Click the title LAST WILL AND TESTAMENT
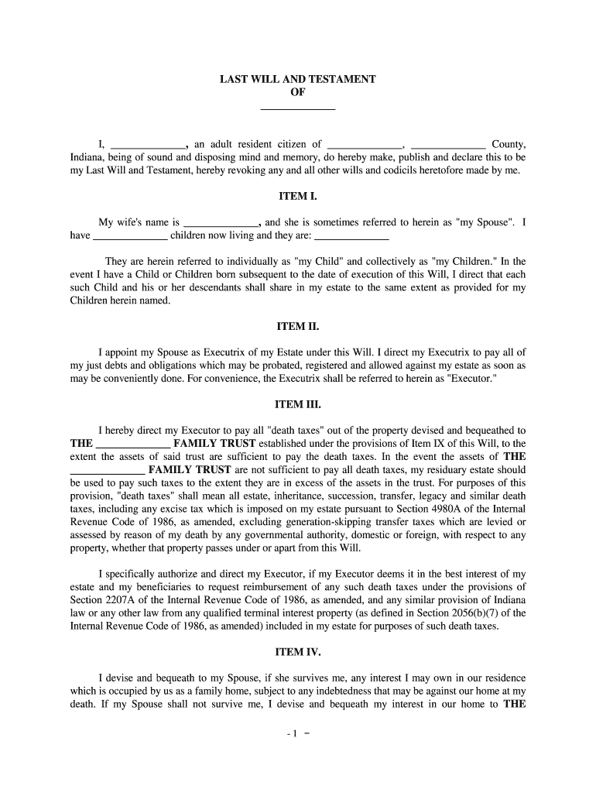point(297,79)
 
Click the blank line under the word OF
point(297,108)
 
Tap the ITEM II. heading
point(297,326)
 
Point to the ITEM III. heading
point(297,404)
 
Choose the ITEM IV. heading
point(297,651)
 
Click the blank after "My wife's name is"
point(220,221)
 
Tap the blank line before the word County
point(448,144)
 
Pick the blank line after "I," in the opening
point(149,144)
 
